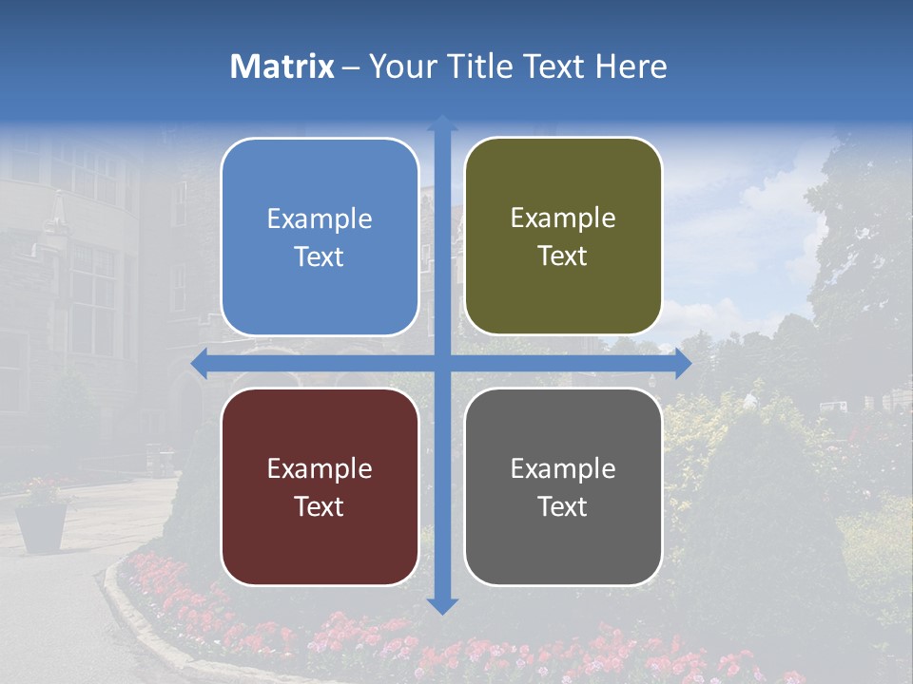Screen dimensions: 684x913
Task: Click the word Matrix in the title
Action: [x=282, y=66]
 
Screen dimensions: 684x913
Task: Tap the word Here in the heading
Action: [x=631, y=66]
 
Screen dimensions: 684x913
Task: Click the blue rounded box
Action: [x=320, y=237]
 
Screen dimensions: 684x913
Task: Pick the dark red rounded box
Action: [x=320, y=486]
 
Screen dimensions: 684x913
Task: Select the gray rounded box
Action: [x=563, y=486]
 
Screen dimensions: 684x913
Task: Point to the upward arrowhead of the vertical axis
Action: [x=442, y=123]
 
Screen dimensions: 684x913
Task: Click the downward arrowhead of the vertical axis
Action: [x=442, y=605]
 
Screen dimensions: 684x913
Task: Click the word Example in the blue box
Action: [x=320, y=219]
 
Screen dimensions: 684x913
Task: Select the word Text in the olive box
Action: [x=563, y=256]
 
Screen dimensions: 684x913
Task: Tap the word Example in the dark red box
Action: [x=320, y=469]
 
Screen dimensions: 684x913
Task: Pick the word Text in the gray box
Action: [x=563, y=506]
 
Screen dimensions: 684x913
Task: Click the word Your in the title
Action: [x=396, y=66]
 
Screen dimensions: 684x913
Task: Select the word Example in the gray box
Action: [x=563, y=469]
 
